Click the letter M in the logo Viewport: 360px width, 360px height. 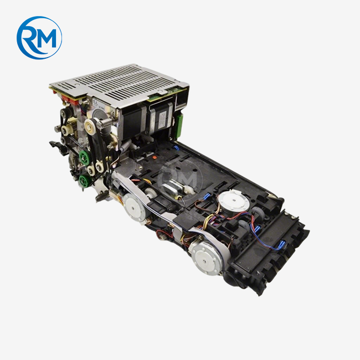click(x=47, y=39)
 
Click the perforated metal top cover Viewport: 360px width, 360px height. click(x=116, y=81)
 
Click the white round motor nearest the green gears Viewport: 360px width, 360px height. click(x=133, y=207)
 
